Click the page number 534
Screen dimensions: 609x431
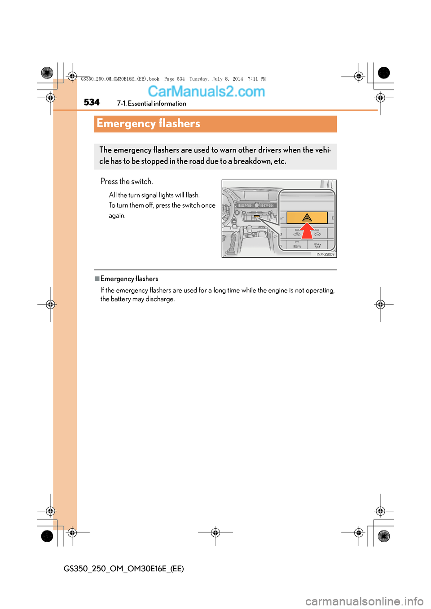click(92, 102)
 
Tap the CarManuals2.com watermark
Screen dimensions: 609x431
click(206, 91)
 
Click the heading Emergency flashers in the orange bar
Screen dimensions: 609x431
click(148, 123)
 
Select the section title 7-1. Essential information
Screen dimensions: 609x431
click(151, 104)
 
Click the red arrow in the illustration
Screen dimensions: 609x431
click(307, 231)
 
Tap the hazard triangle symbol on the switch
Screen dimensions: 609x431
click(307, 218)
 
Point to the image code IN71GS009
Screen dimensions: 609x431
click(325, 254)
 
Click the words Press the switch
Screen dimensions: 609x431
click(127, 182)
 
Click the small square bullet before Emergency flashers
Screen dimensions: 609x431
click(97, 278)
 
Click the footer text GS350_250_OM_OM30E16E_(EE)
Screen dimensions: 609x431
click(123, 569)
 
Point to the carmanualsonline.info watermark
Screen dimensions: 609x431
click(364, 601)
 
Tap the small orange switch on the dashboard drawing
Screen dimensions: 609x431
click(256, 217)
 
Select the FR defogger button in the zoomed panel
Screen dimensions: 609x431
click(297, 246)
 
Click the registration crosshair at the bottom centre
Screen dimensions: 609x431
click(215, 533)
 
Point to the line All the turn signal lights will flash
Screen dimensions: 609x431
click(154, 195)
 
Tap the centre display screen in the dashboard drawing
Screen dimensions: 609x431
click(256, 196)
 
